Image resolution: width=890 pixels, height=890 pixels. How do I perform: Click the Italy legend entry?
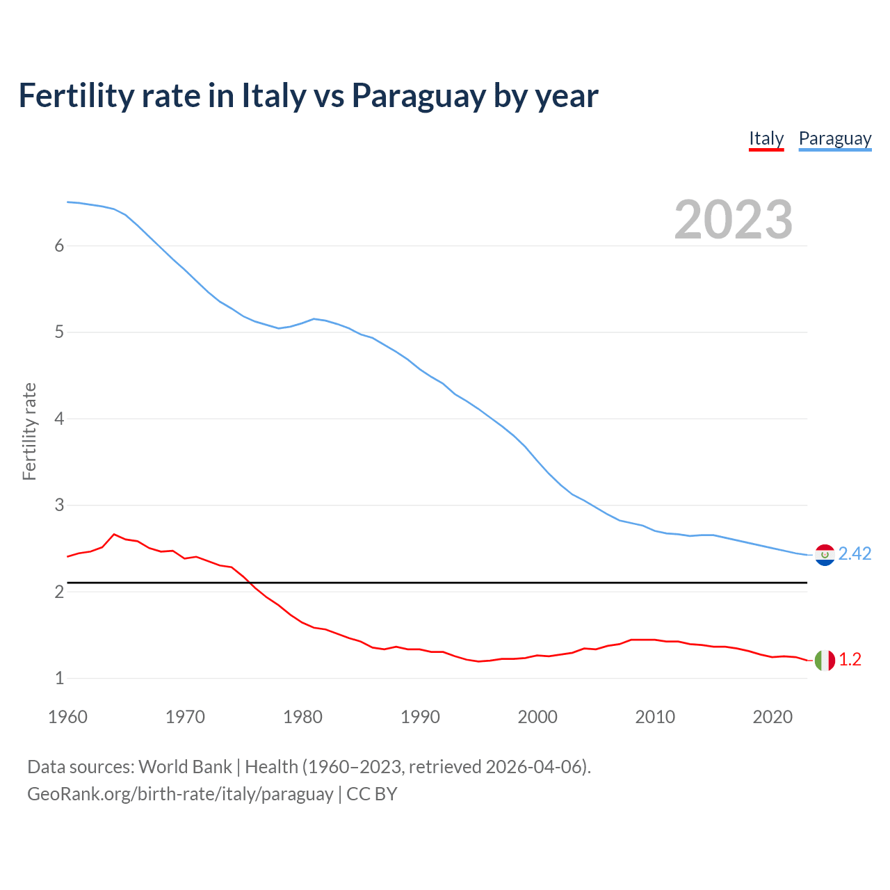[x=766, y=139]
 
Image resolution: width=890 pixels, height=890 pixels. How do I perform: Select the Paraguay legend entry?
[x=834, y=139]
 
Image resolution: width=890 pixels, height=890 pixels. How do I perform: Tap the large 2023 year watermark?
[x=733, y=220]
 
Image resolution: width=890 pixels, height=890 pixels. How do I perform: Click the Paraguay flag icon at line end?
[x=825, y=555]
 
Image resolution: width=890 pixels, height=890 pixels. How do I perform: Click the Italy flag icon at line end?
[x=825, y=660]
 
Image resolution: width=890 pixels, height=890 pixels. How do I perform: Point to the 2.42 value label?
[x=855, y=553]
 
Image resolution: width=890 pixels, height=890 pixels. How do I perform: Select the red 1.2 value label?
[x=850, y=660]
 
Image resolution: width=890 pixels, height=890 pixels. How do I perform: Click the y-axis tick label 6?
[x=59, y=245]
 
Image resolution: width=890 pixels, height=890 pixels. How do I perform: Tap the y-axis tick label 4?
[x=59, y=419]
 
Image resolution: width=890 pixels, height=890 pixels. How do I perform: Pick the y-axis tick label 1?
[x=59, y=678]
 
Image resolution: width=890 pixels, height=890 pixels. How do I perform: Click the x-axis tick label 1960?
[x=67, y=717]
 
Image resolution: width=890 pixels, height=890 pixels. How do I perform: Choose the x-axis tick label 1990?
[x=420, y=717]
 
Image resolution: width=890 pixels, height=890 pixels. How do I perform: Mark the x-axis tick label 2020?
[x=772, y=717]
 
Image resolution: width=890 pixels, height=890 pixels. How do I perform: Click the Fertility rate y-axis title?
[x=29, y=431]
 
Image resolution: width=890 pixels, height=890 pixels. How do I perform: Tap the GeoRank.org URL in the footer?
[x=180, y=794]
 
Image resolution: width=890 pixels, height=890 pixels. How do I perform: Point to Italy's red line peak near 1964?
[x=114, y=534]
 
